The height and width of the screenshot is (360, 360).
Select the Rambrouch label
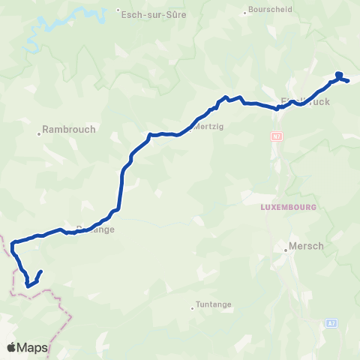70,129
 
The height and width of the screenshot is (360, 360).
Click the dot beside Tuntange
192,305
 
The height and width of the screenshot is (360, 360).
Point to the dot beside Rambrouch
39,135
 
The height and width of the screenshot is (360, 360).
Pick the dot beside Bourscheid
247,11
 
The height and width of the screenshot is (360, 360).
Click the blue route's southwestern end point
40,271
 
